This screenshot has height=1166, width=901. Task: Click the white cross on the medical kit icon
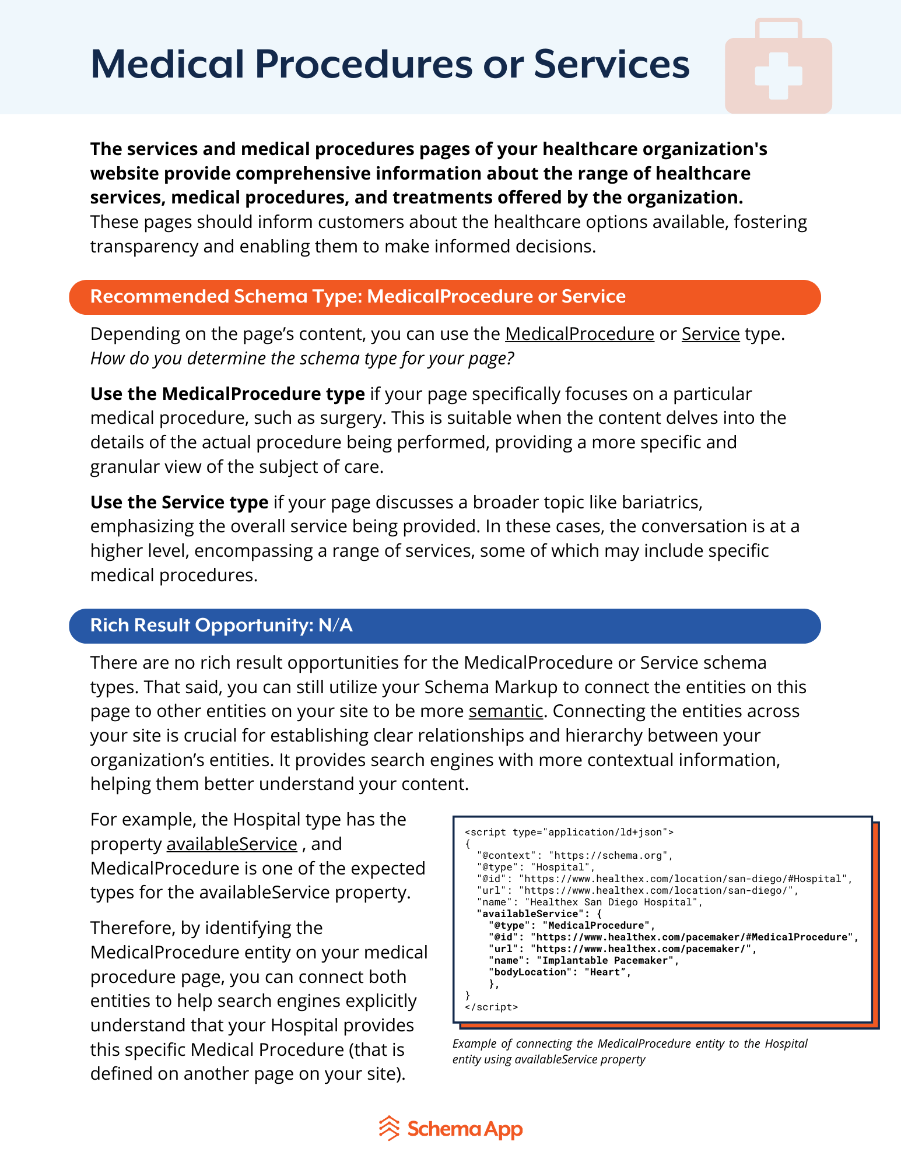click(x=778, y=76)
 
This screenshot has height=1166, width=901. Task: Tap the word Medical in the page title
click(x=167, y=64)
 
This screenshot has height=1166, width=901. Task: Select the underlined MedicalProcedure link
click(x=579, y=334)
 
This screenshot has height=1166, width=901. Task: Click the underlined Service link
click(x=710, y=334)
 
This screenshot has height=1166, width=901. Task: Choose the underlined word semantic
click(x=506, y=711)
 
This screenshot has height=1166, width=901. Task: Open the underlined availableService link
click(x=232, y=844)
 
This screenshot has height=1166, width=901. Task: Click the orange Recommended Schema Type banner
click(x=444, y=297)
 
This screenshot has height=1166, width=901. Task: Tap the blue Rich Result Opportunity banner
click(x=444, y=626)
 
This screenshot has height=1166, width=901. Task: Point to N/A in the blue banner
click(x=335, y=626)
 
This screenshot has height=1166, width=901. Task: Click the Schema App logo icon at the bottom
click(x=389, y=1129)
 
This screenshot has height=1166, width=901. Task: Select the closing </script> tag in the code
click(x=491, y=1007)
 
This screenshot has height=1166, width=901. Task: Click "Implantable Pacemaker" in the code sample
click(x=607, y=960)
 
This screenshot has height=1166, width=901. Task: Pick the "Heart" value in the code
click(x=607, y=972)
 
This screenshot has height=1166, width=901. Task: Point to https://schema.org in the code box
click(x=609, y=855)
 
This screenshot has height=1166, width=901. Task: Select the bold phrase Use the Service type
click(x=179, y=503)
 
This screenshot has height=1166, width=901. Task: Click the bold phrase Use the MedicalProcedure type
click(x=227, y=394)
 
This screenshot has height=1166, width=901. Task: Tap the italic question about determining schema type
click(x=302, y=359)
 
